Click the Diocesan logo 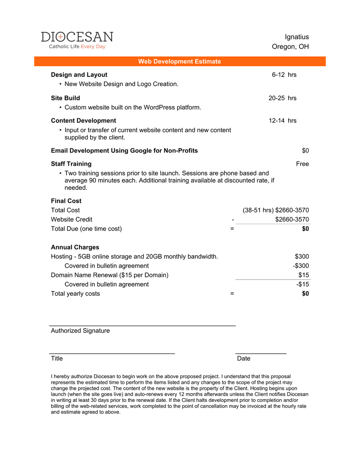77,40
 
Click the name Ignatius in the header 297,37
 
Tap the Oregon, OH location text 290,47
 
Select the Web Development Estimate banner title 179,61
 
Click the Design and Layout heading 79,75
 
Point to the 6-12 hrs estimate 284,75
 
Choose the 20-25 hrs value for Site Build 282,98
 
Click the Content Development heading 83,120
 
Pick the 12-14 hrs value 282,120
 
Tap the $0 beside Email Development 305,151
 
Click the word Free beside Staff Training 302,164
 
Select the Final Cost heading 66,201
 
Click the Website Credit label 71,219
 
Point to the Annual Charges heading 75,247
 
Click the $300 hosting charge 302,257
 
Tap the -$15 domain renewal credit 303,284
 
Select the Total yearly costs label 75,294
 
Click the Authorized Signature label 80,331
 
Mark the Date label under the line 243,358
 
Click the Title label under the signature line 57,358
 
